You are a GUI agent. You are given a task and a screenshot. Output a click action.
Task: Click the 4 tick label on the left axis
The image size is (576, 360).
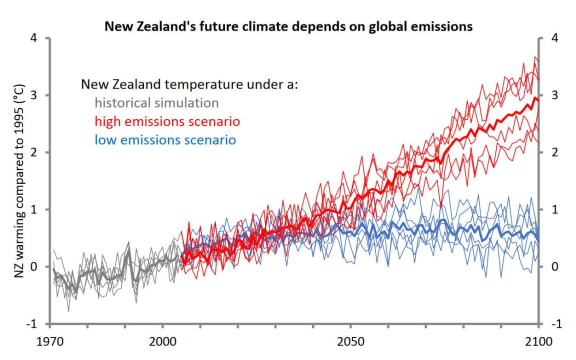37,38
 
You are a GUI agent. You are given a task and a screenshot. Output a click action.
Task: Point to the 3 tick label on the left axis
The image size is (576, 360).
37,95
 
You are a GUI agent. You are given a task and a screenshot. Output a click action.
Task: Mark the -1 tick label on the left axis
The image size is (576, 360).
35,323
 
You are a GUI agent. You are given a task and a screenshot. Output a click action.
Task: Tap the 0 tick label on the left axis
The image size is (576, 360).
37,266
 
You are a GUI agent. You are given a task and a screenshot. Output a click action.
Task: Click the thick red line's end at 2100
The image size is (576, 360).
538,99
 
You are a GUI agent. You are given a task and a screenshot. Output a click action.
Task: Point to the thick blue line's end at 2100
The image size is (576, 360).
538,236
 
